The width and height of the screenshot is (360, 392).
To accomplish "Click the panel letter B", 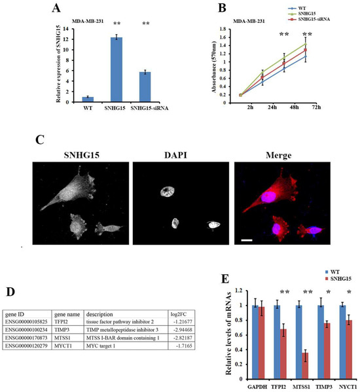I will coord(221,9).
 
